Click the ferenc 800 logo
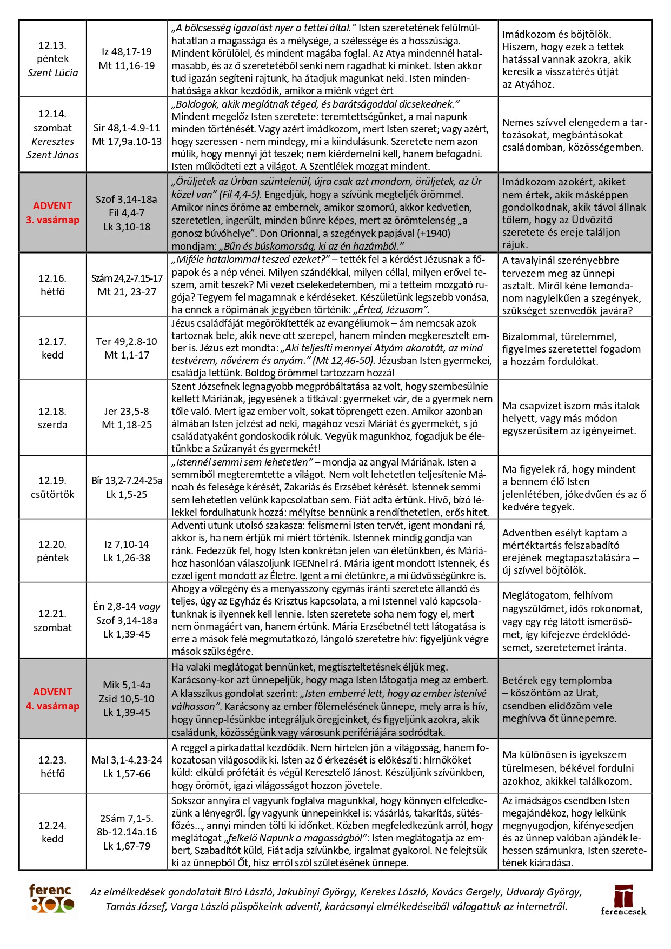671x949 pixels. click(51, 898)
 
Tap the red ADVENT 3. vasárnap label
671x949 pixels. click(52, 213)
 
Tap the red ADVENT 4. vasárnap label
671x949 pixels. click(52, 699)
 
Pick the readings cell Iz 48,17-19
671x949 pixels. click(127, 52)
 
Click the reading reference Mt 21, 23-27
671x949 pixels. click(127, 292)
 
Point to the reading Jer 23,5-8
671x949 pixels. click(127, 411)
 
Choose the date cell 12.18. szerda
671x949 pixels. click(52, 418)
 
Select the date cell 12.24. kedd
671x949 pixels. click(52, 832)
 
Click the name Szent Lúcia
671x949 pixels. click(52, 72)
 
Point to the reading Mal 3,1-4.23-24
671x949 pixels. click(127, 760)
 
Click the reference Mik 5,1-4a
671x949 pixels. click(127, 685)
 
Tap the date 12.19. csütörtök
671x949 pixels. click(52, 487)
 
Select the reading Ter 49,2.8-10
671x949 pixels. click(127, 341)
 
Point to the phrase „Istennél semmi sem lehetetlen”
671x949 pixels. click(242, 462)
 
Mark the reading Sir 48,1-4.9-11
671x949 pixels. click(127, 128)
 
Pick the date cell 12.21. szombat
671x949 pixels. click(52, 620)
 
